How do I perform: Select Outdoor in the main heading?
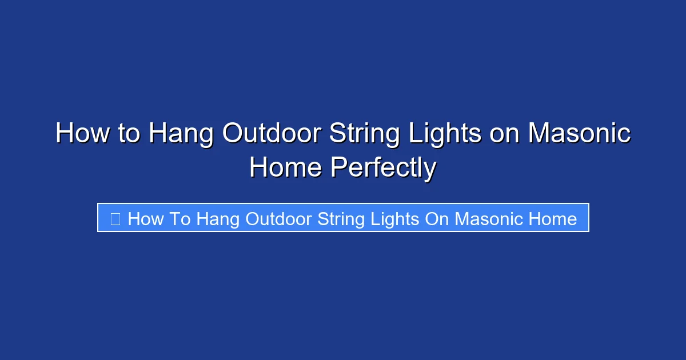[x=272, y=134]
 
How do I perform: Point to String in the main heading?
[x=364, y=134]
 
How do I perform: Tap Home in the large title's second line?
[x=285, y=168]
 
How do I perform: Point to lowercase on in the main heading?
[x=504, y=134]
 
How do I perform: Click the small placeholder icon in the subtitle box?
[x=115, y=218]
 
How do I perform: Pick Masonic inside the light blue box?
[x=491, y=218]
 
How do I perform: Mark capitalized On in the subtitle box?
[x=438, y=218]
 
